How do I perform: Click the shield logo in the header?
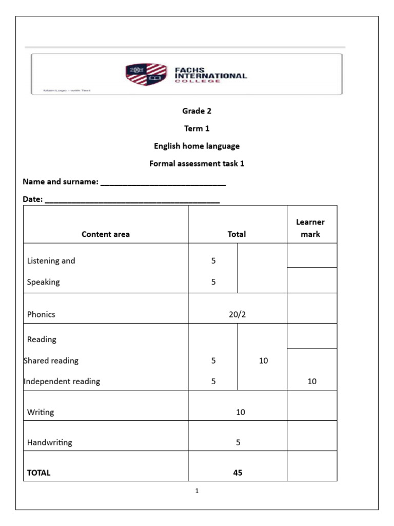pyautogui.click(x=146, y=74)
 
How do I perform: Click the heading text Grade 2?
pyautogui.click(x=196, y=111)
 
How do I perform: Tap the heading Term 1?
pyautogui.click(x=196, y=128)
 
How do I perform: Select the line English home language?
pyautogui.click(x=196, y=146)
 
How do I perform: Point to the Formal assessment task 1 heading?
pyautogui.click(x=196, y=164)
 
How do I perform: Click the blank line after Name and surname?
pyautogui.click(x=163, y=183)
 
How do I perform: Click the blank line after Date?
pyautogui.click(x=132, y=200)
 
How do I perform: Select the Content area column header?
pyautogui.click(x=106, y=234)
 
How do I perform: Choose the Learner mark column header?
pyautogui.click(x=310, y=228)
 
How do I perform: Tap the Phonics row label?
pyautogui.click(x=41, y=314)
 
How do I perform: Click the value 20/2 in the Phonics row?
pyautogui.click(x=237, y=314)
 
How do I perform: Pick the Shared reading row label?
pyautogui.click(x=51, y=361)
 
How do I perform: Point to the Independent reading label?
pyautogui.click(x=62, y=381)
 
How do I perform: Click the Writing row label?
pyautogui.click(x=41, y=412)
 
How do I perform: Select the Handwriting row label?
pyautogui.click(x=50, y=442)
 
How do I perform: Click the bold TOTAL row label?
pyautogui.click(x=38, y=473)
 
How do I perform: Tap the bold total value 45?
pyautogui.click(x=237, y=473)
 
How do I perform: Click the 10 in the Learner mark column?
pyautogui.click(x=312, y=381)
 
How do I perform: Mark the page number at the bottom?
pyautogui.click(x=196, y=491)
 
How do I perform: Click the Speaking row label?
pyautogui.click(x=44, y=282)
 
